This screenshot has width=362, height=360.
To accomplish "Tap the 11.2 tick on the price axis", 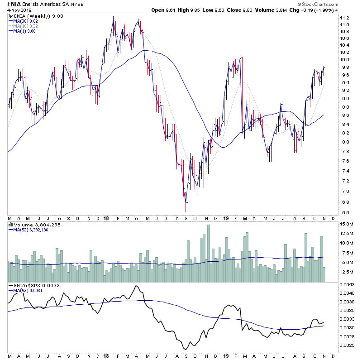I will pos(345,18).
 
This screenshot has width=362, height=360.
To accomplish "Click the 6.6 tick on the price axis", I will pos(345,212).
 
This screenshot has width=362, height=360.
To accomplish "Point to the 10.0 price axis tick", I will pos(345,60).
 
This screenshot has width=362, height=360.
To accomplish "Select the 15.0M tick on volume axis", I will pos(346,224).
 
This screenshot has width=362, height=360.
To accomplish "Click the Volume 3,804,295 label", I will pos(32,224).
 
